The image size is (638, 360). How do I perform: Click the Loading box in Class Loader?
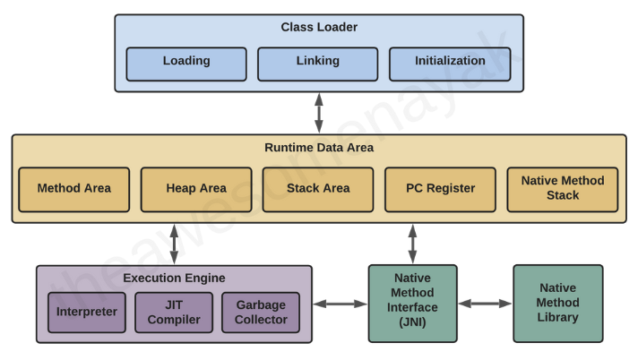(186, 63)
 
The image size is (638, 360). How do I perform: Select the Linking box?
(318, 63)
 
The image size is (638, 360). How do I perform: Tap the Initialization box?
(450, 63)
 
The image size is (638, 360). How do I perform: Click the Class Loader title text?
(319, 28)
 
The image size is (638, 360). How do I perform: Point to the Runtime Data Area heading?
(319, 148)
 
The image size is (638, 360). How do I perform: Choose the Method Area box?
(74, 189)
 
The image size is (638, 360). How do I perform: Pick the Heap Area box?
(196, 189)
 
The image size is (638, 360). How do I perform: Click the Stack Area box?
(318, 189)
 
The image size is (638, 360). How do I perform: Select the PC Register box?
(440, 189)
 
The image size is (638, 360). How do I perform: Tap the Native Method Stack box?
(563, 189)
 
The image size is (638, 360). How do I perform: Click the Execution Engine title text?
(174, 279)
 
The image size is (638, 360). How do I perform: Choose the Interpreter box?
(87, 313)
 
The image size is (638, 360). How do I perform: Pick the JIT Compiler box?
(174, 313)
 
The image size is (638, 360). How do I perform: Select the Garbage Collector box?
(261, 313)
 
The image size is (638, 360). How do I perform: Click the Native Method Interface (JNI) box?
(412, 304)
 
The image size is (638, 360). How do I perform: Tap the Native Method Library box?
(558, 304)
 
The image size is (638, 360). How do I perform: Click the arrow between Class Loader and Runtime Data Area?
(319, 113)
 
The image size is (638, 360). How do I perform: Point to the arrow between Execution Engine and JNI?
(341, 304)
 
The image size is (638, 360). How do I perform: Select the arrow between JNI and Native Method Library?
(485, 304)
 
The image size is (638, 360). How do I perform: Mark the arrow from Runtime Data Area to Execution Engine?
(174, 244)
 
